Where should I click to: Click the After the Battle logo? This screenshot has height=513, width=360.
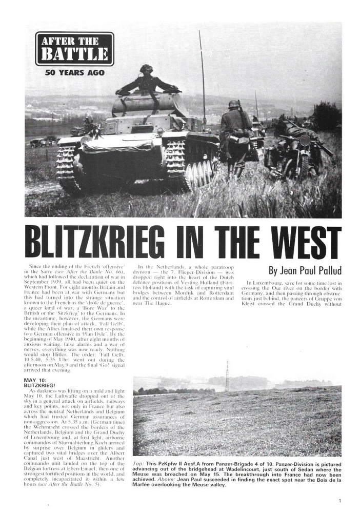coord(74,49)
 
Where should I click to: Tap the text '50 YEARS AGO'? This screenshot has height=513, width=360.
coord(74,72)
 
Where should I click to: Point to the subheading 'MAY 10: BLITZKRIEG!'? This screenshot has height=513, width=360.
coord(44,383)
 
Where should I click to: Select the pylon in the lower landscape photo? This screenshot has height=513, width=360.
coord(227,376)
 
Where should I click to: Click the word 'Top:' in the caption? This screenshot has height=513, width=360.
coord(139,463)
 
